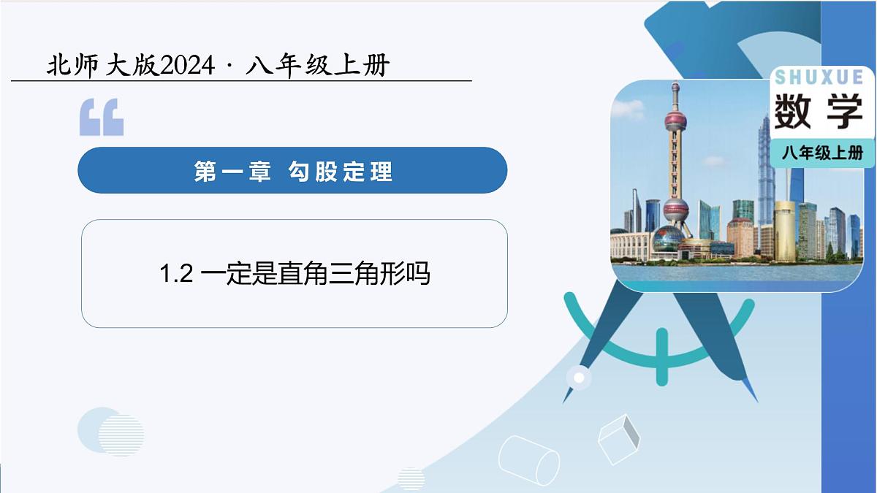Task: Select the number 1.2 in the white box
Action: point(175,275)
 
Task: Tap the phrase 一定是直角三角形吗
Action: point(315,275)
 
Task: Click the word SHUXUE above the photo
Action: point(819,77)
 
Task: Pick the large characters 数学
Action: point(819,112)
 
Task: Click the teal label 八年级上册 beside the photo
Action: point(822,153)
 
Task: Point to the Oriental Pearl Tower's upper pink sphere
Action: point(675,119)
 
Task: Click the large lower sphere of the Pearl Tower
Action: point(675,211)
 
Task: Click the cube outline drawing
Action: point(618,439)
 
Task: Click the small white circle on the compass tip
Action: point(580,378)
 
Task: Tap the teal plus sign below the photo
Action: point(661,356)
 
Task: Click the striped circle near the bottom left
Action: point(121,435)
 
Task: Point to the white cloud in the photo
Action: point(628,110)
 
